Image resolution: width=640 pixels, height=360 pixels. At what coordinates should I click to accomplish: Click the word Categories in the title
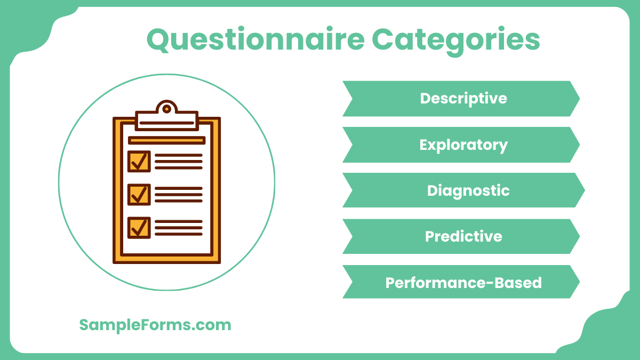tap(455, 40)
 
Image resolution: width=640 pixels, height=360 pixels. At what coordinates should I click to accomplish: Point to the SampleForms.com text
tap(155, 325)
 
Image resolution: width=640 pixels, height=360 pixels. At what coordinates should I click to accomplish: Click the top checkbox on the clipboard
tap(139, 161)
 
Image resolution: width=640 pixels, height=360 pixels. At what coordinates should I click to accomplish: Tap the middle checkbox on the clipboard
tap(139, 195)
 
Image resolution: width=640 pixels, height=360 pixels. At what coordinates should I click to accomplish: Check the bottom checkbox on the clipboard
tap(139, 227)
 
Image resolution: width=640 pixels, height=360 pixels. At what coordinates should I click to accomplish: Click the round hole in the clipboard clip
tap(167, 109)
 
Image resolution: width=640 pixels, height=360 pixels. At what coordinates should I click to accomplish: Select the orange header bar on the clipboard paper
tap(167, 140)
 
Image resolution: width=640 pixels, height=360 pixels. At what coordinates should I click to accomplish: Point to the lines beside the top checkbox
tap(179, 161)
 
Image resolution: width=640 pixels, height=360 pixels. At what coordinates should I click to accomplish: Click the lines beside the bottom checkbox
tap(179, 227)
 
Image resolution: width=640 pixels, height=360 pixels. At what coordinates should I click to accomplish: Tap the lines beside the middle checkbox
tap(179, 195)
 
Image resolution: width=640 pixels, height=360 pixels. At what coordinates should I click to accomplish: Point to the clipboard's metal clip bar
tap(167, 121)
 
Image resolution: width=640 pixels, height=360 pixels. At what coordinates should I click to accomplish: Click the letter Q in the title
tap(158, 40)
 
